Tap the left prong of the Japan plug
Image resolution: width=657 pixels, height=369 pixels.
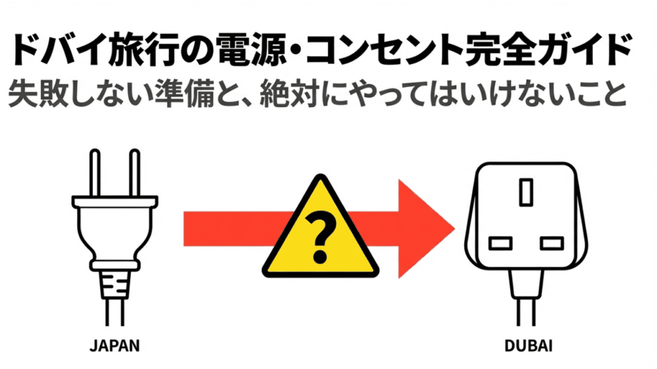(x=94, y=173)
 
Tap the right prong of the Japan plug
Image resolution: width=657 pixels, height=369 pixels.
(x=134, y=173)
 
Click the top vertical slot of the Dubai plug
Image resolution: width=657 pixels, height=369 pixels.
(x=526, y=192)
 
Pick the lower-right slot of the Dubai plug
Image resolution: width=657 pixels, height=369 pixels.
(x=551, y=243)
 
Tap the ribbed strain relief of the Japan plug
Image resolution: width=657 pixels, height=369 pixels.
(x=114, y=283)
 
